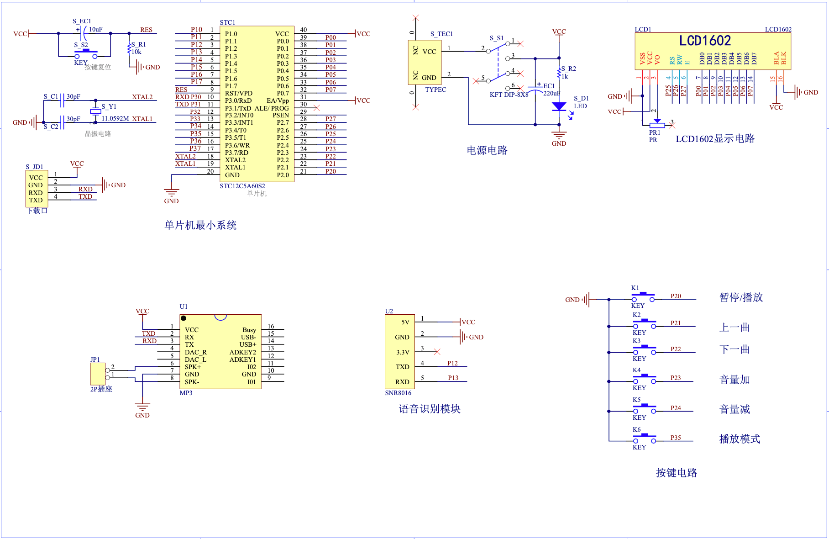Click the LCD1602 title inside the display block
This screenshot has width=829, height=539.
705,41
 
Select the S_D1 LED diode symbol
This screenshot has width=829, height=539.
559,106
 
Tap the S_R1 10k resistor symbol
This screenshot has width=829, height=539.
129,48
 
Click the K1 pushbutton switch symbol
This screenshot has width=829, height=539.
643,297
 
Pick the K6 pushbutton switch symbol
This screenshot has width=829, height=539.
644,439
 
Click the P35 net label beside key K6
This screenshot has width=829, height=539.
676,438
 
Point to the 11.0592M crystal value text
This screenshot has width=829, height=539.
115,119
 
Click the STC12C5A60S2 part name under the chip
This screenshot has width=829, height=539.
242,186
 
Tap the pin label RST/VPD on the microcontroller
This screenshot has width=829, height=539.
238,93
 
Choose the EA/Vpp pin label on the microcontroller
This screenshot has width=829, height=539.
278,100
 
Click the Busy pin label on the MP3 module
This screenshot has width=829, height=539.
249,330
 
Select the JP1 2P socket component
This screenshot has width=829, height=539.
98,374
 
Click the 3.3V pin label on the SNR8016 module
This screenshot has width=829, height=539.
403,352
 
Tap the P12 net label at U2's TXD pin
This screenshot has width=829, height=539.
452,363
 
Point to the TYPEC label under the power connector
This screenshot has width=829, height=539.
435,90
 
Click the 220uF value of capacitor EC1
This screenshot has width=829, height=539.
551,93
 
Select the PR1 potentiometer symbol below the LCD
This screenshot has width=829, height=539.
657,124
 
